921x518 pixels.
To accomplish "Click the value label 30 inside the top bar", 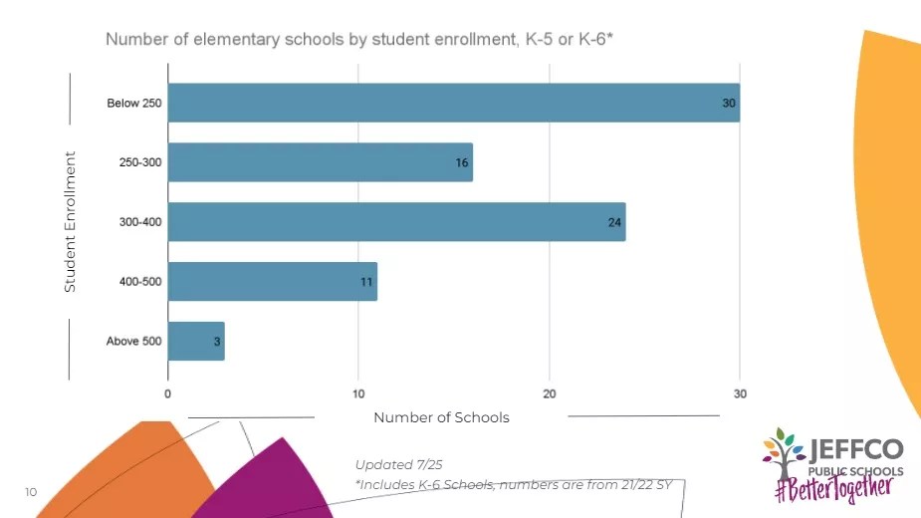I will tap(729, 104).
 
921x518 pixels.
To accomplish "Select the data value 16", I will tap(462, 162).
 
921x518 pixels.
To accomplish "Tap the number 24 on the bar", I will tap(614, 222).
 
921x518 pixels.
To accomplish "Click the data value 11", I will tap(366, 282).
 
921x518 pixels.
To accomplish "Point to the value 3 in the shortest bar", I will tap(216, 342).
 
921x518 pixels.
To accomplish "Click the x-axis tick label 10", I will tap(359, 393).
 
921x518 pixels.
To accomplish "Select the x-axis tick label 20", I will tap(550, 393).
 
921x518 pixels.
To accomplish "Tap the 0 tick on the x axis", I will tap(168, 393).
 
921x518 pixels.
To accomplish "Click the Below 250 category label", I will tap(133, 104).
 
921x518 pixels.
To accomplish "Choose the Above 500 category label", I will tap(133, 342).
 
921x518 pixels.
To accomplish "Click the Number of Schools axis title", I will tap(441, 417).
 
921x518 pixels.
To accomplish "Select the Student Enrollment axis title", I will tap(70, 221).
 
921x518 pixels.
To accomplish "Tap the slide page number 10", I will tap(30, 492).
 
